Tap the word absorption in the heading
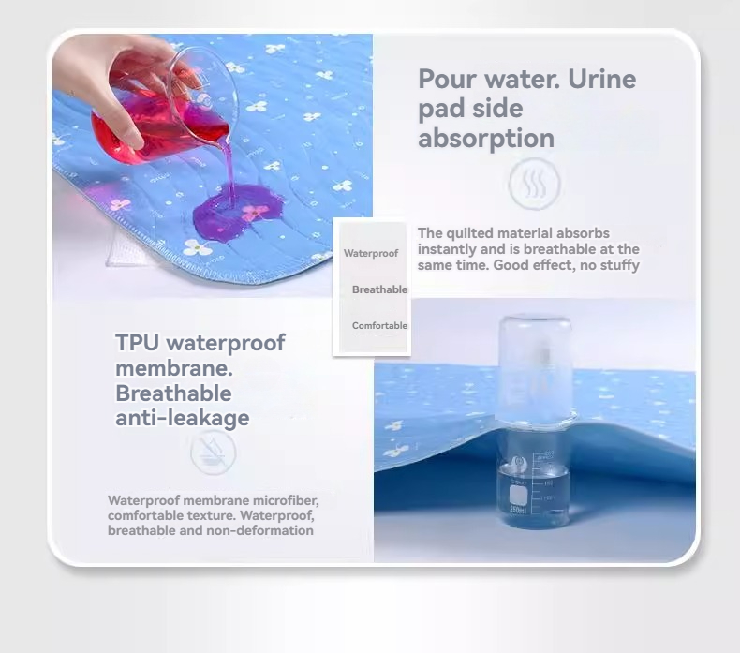click(486, 139)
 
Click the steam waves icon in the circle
click(535, 184)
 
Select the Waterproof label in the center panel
click(371, 253)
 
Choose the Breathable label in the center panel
click(379, 289)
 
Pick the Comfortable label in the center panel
click(379, 325)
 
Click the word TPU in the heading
click(137, 342)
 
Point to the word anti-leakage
click(182, 418)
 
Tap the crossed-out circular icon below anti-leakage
click(213, 452)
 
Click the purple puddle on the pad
click(237, 215)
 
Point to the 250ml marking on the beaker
click(518, 510)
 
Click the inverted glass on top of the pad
click(535, 367)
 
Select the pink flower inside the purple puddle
click(254, 212)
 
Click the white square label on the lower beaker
click(518, 495)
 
